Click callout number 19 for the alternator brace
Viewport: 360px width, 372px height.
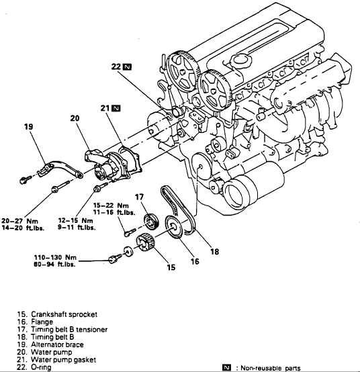coord(28,127)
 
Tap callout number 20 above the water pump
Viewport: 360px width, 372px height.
coord(75,118)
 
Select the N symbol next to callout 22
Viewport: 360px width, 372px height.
coord(127,67)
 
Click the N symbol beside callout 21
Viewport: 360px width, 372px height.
coord(116,108)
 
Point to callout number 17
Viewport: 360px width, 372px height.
coord(139,197)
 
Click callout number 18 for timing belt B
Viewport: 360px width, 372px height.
coord(214,252)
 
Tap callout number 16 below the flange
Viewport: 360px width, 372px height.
coord(195,261)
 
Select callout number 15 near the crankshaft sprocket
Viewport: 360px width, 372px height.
coord(171,267)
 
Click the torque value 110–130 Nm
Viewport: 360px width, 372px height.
coord(55,257)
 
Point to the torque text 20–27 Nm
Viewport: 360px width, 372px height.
coord(20,221)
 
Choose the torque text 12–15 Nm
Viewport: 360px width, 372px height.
coord(75,221)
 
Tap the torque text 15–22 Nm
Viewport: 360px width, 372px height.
coord(111,205)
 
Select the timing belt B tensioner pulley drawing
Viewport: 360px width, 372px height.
coord(151,222)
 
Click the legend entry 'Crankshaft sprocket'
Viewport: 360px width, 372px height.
coord(57,314)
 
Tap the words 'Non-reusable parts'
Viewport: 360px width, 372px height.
coord(271,368)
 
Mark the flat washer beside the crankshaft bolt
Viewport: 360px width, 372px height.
coord(128,251)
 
